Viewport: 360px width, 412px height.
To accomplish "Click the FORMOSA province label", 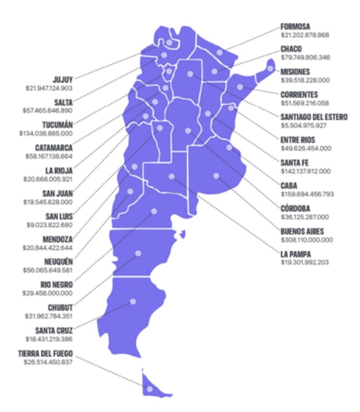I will click(x=295, y=27).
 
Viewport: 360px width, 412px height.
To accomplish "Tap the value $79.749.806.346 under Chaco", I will click(x=305, y=57).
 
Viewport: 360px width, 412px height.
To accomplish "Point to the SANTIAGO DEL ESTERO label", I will click(x=314, y=117).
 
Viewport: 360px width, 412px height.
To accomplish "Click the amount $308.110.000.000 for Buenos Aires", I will click(x=307, y=240).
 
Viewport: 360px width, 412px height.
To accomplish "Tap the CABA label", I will click(x=289, y=186).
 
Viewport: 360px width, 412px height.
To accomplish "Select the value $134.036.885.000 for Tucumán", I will click(x=46, y=133).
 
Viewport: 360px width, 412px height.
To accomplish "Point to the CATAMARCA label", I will click(x=54, y=148).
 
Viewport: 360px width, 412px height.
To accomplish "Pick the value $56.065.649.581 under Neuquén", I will click(x=48, y=270).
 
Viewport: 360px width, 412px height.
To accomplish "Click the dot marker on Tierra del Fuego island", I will click(x=150, y=389).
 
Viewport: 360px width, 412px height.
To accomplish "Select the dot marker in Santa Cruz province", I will click(x=133, y=301).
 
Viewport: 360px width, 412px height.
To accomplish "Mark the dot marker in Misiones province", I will click(x=270, y=68).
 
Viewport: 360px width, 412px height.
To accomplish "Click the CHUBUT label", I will click(x=60, y=308).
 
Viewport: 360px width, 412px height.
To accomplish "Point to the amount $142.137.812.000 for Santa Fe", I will click(x=306, y=171).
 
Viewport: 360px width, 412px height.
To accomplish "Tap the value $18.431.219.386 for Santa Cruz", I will click(x=48, y=339).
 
